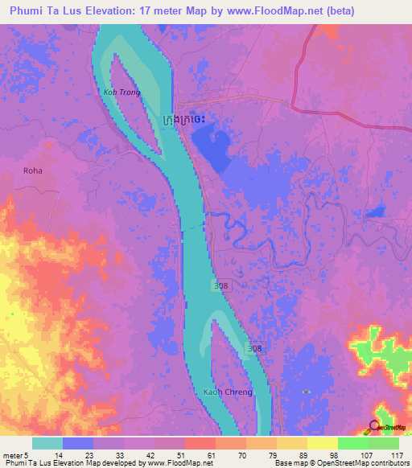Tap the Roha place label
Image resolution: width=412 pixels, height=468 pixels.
(x=33, y=170)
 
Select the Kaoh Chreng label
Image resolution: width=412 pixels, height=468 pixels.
(x=228, y=392)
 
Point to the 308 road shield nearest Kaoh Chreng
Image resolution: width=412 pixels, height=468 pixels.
(x=255, y=348)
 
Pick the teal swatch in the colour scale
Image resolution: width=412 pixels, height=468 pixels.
(x=47, y=443)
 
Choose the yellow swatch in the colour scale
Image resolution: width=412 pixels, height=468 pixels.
(x=322, y=443)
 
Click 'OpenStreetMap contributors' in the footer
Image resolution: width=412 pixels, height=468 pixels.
(x=366, y=463)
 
